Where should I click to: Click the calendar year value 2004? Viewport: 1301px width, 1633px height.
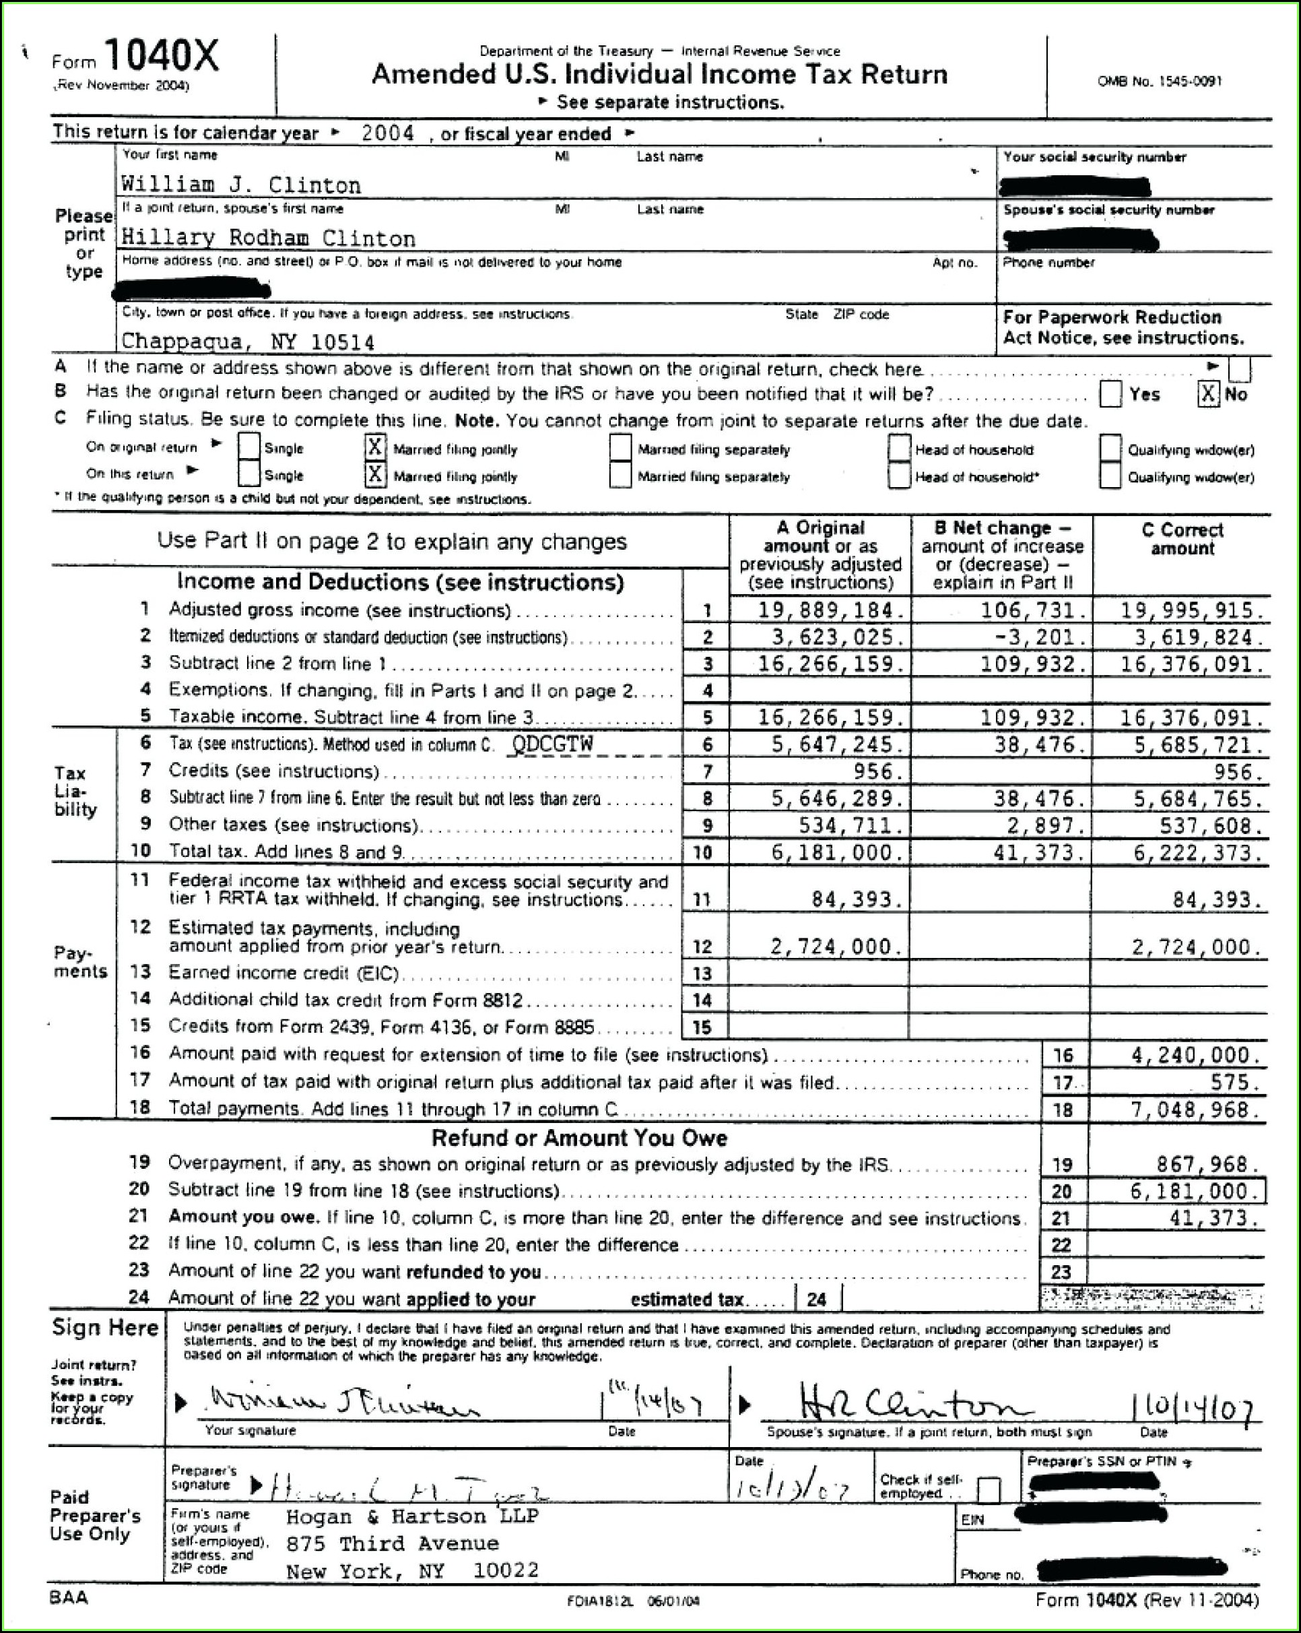pos(387,133)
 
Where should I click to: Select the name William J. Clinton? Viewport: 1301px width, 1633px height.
pos(241,185)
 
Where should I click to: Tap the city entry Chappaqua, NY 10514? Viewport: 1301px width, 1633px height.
pos(248,342)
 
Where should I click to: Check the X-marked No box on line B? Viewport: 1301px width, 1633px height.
pos(1207,394)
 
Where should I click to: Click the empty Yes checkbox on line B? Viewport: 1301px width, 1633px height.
pos(1110,394)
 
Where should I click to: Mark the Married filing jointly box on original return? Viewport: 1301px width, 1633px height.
pos(374,447)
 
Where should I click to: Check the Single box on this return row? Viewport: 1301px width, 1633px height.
pos(248,475)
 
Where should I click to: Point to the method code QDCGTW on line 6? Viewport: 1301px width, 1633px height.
pos(553,744)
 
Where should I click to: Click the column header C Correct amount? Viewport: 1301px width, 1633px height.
pos(1182,538)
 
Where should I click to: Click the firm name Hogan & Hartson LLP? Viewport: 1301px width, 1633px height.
pos(412,1516)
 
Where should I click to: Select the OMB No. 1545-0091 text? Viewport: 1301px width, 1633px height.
pos(1160,81)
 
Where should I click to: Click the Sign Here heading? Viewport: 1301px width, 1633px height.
pos(105,1328)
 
